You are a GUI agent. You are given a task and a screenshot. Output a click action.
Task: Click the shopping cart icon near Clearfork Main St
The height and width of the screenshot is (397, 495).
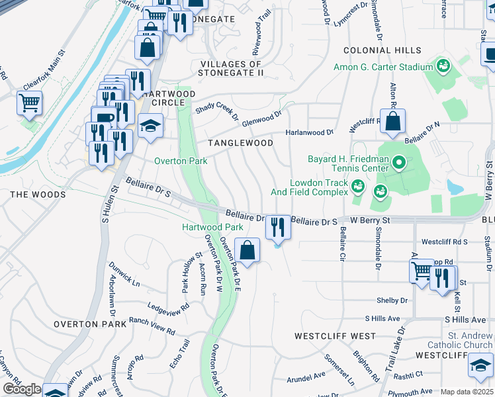pos(29,103)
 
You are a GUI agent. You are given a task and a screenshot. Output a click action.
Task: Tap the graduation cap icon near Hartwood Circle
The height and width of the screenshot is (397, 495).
pos(151,125)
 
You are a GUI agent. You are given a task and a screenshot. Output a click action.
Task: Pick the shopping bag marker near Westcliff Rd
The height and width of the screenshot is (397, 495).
pos(392,122)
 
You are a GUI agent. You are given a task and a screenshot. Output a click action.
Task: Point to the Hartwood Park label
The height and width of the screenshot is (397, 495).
pos(213,227)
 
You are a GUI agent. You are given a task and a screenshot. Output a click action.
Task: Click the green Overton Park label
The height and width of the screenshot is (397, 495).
pos(181,161)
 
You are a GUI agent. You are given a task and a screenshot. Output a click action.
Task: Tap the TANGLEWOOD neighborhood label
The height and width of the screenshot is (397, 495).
pos(240,143)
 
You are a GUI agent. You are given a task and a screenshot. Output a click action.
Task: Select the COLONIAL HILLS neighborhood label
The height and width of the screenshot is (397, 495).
pos(382,50)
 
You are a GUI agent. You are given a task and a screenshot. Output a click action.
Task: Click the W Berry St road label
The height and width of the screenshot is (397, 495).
pos(371,219)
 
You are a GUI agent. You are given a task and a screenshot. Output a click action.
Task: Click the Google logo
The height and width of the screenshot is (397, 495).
pos(22,389)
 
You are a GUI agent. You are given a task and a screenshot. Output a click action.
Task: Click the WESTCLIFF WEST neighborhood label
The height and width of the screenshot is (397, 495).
pos(336,335)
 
